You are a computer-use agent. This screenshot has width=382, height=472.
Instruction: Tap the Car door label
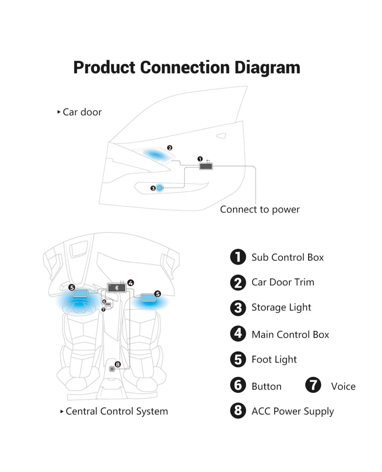pos(82,112)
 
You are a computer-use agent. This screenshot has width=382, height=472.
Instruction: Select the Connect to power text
pos(260,209)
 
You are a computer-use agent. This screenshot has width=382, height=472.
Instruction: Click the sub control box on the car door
pos(206,166)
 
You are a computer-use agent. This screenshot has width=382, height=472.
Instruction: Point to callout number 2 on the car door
pos(170,148)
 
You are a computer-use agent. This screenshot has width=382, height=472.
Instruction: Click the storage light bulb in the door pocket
pos(159,188)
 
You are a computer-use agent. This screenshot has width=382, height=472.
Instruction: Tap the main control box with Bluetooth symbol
pos(117,288)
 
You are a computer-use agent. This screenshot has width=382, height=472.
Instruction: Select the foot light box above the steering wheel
pos(80,293)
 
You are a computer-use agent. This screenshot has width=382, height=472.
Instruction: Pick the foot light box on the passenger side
pos(148,297)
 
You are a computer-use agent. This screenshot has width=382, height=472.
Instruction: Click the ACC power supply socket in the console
pos(112,369)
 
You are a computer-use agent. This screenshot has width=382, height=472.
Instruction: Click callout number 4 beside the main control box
pos(131,283)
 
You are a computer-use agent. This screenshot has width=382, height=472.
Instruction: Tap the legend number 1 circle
pos(238,257)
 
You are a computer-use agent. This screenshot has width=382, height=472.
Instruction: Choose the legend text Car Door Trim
pos(282,282)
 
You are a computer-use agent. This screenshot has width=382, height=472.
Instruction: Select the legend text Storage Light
pos(281,307)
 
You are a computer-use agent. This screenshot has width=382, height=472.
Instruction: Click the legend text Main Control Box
pos(290,334)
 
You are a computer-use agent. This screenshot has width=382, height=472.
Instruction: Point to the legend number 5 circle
pos(238,359)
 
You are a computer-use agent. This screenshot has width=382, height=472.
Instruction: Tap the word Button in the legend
pos(266,386)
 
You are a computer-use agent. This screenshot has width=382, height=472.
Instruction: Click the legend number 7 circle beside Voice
pos(313,385)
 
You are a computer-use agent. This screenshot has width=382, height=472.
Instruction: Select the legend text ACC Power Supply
pos(292,411)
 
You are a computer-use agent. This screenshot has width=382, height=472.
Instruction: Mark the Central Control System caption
pos(116,411)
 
